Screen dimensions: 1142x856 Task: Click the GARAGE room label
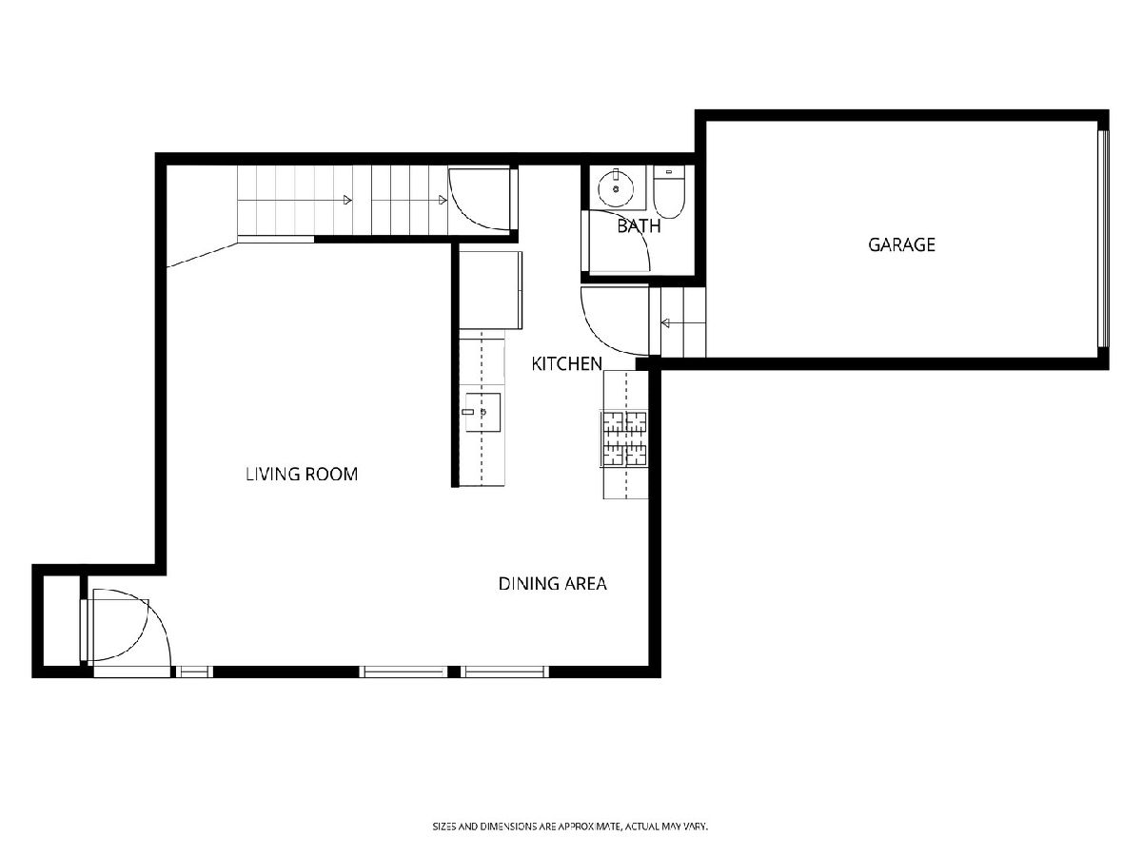901,244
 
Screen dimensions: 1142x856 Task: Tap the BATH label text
639,226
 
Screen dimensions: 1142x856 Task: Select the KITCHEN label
566,364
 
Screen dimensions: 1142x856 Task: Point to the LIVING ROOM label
302,474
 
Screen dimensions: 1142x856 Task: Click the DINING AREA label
553,584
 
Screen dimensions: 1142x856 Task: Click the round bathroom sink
616,189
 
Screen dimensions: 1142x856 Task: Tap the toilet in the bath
669,192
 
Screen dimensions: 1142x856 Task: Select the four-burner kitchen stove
625,439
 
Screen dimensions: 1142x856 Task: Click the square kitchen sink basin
482,412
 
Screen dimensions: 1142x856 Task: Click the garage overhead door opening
1103,238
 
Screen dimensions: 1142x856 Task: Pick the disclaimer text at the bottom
570,826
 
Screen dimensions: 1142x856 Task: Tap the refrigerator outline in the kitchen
491,290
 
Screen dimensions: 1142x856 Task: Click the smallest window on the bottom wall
193,672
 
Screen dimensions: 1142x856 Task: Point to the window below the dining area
504,672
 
